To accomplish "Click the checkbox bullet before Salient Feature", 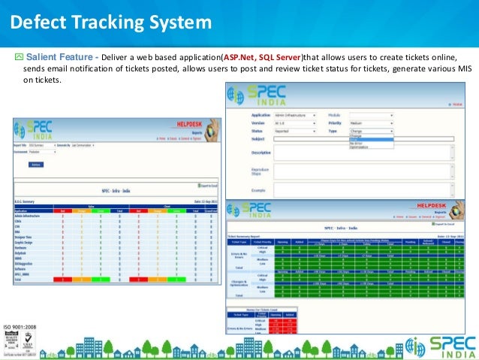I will coord(19,56).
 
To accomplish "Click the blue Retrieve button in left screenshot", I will coord(36,163).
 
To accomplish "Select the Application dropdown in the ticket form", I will coord(293,116).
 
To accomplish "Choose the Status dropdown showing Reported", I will coord(293,131).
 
